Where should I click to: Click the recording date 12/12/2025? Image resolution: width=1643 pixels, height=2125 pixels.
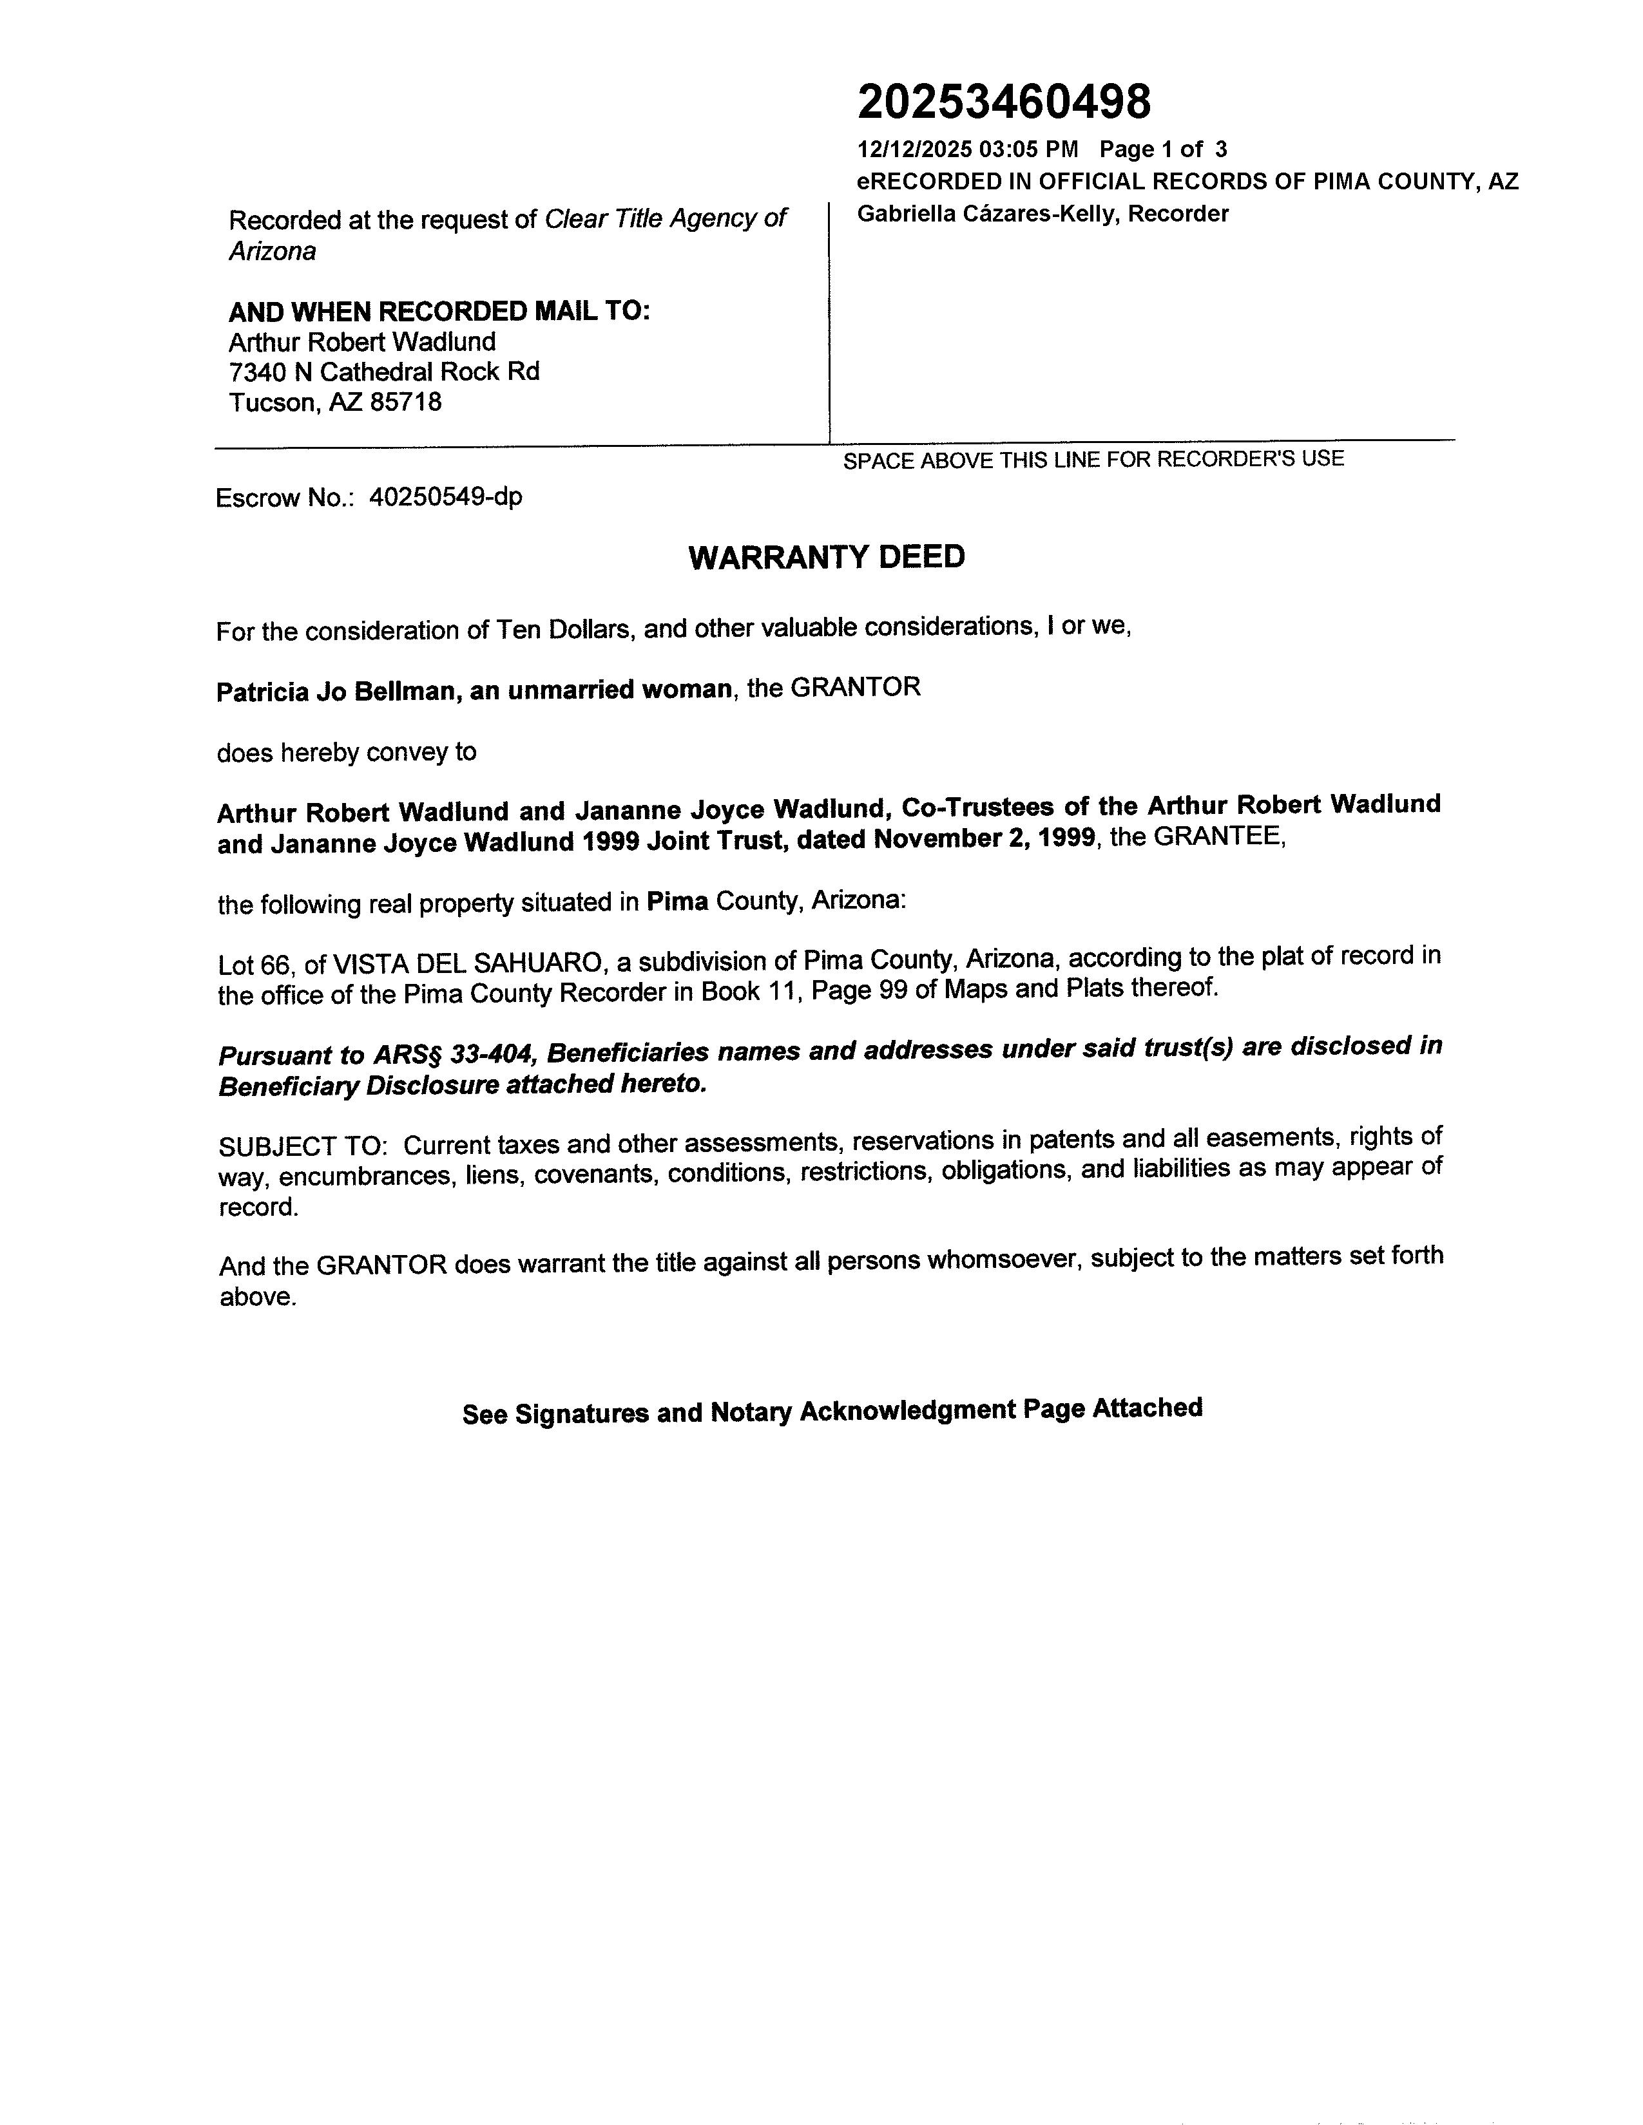click(914, 150)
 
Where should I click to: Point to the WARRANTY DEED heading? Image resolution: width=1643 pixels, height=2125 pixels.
click(827, 558)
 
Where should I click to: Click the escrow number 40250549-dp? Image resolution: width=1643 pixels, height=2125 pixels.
click(446, 497)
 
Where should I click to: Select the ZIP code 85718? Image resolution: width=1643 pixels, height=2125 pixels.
click(406, 403)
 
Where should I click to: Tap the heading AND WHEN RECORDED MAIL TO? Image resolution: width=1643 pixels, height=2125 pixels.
click(439, 312)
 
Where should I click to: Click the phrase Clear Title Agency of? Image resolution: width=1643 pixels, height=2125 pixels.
click(665, 220)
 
